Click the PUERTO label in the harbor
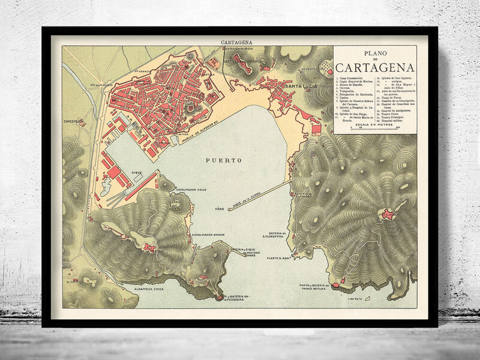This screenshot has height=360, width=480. tap(223, 161)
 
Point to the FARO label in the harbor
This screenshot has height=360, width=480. tap(220, 209)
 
